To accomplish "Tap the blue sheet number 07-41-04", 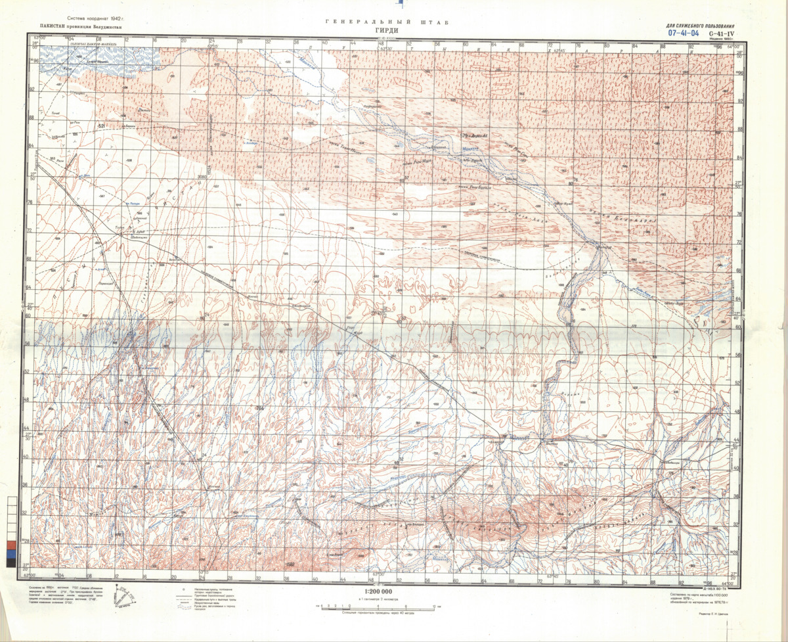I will [x=683, y=32].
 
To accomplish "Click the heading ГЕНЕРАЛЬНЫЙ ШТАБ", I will [x=387, y=22].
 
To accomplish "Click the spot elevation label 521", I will [x=101, y=126].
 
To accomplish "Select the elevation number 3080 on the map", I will [x=202, y=177].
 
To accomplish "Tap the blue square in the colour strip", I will [x=11, y=554].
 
